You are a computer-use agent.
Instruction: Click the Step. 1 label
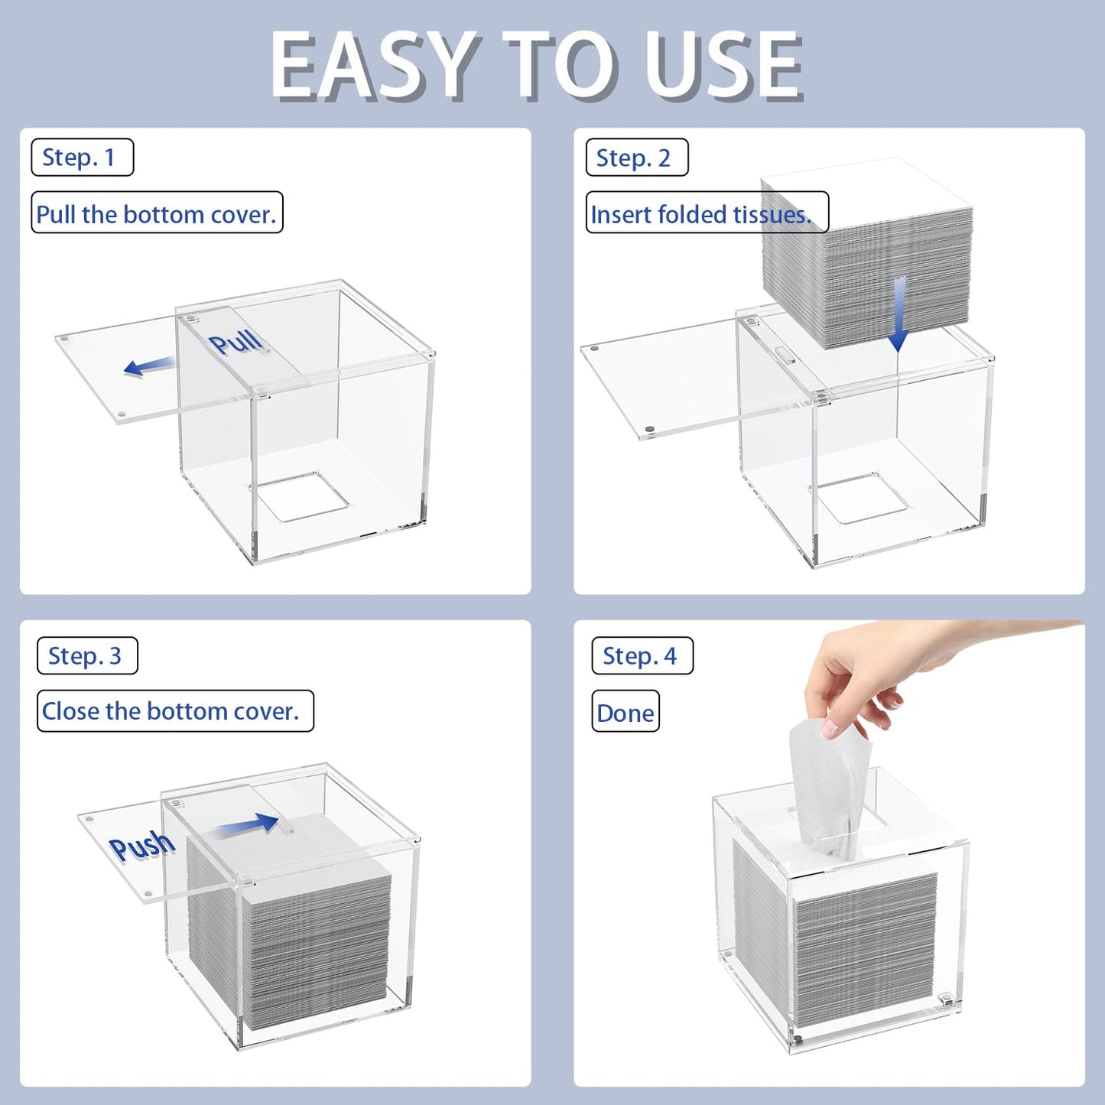point(82,157)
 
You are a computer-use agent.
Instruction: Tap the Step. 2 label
point(636,157)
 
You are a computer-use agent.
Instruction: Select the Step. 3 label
point(87,655)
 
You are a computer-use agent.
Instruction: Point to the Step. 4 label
point(642,655)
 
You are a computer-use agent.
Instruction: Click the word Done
point(625,713)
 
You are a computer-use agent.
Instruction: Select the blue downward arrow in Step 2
point(898,314)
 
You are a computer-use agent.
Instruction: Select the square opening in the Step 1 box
point(301,496)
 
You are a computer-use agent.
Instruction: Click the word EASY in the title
point(375,67)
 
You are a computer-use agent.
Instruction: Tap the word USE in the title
point(723,67)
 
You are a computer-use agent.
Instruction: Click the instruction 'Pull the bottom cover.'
point(157,214)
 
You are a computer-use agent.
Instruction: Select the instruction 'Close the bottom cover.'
point(171,711)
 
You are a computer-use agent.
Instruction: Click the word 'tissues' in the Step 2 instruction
point(772,214)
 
